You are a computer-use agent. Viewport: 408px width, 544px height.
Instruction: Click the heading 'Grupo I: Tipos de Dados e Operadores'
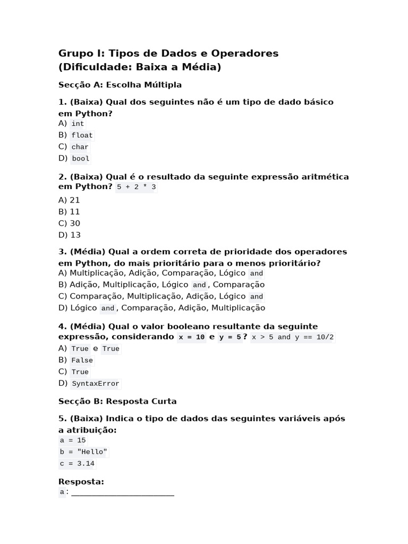coord(168,53)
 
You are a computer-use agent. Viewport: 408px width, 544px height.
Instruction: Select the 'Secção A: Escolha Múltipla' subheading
coord(120,85)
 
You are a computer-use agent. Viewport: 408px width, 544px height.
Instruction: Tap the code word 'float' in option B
coord(82,135)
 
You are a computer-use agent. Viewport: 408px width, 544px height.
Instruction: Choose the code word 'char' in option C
coord(80,147)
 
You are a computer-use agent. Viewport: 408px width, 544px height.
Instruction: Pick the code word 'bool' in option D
coord(80,159)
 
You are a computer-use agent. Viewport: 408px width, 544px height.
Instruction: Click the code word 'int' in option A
coord(78,124)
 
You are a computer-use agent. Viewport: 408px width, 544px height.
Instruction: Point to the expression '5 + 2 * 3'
coord(137,188)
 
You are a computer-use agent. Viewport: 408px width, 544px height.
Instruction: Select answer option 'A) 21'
coord(69,200)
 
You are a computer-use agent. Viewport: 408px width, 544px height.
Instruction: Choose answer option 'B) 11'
coord(69,212)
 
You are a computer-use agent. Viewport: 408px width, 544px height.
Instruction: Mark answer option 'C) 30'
coord(69,224)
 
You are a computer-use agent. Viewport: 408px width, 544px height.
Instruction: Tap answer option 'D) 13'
coord(69,235)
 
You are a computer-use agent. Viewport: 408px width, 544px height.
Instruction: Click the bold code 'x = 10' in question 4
coord(192,337)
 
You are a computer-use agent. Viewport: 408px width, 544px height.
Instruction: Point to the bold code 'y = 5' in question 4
coord(230,337)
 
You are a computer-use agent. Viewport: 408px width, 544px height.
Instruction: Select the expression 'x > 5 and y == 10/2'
coord(293,337)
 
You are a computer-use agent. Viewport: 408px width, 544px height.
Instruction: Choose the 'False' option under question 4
coord(82,361)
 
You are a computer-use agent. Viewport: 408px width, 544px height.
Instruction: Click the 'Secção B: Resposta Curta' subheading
coord(117,402)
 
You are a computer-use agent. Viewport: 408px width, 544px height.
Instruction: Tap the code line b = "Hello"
coord(84,453)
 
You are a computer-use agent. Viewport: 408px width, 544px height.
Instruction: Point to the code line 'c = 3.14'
coord(77,464)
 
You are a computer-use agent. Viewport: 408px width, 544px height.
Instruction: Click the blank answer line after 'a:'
coord(123,493)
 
